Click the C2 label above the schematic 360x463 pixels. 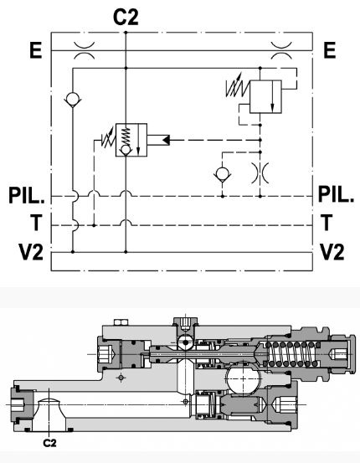[x=126, y=17]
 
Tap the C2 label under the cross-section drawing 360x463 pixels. [x=49, y=443]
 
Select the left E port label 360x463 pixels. [x=36, y=50]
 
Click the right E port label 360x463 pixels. [x=330, y=50]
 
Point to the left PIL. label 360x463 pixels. [x=27, y=195]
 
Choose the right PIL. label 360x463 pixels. [x=336, y=194]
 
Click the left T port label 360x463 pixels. [x=36, y=223]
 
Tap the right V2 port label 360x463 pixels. [x=332, y=252]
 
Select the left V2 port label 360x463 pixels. [x=31, y=253]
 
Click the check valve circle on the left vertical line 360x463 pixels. [x=73, y=98]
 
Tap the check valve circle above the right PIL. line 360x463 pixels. [x=222, y=173]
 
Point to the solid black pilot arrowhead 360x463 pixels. [x=166, y=140]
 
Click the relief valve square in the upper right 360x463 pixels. [x=265, y=96]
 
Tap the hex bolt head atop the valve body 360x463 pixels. [x=121, y=322]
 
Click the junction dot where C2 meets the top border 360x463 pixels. [x=126, y=32]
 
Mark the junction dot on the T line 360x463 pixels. [x=94, y=225]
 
